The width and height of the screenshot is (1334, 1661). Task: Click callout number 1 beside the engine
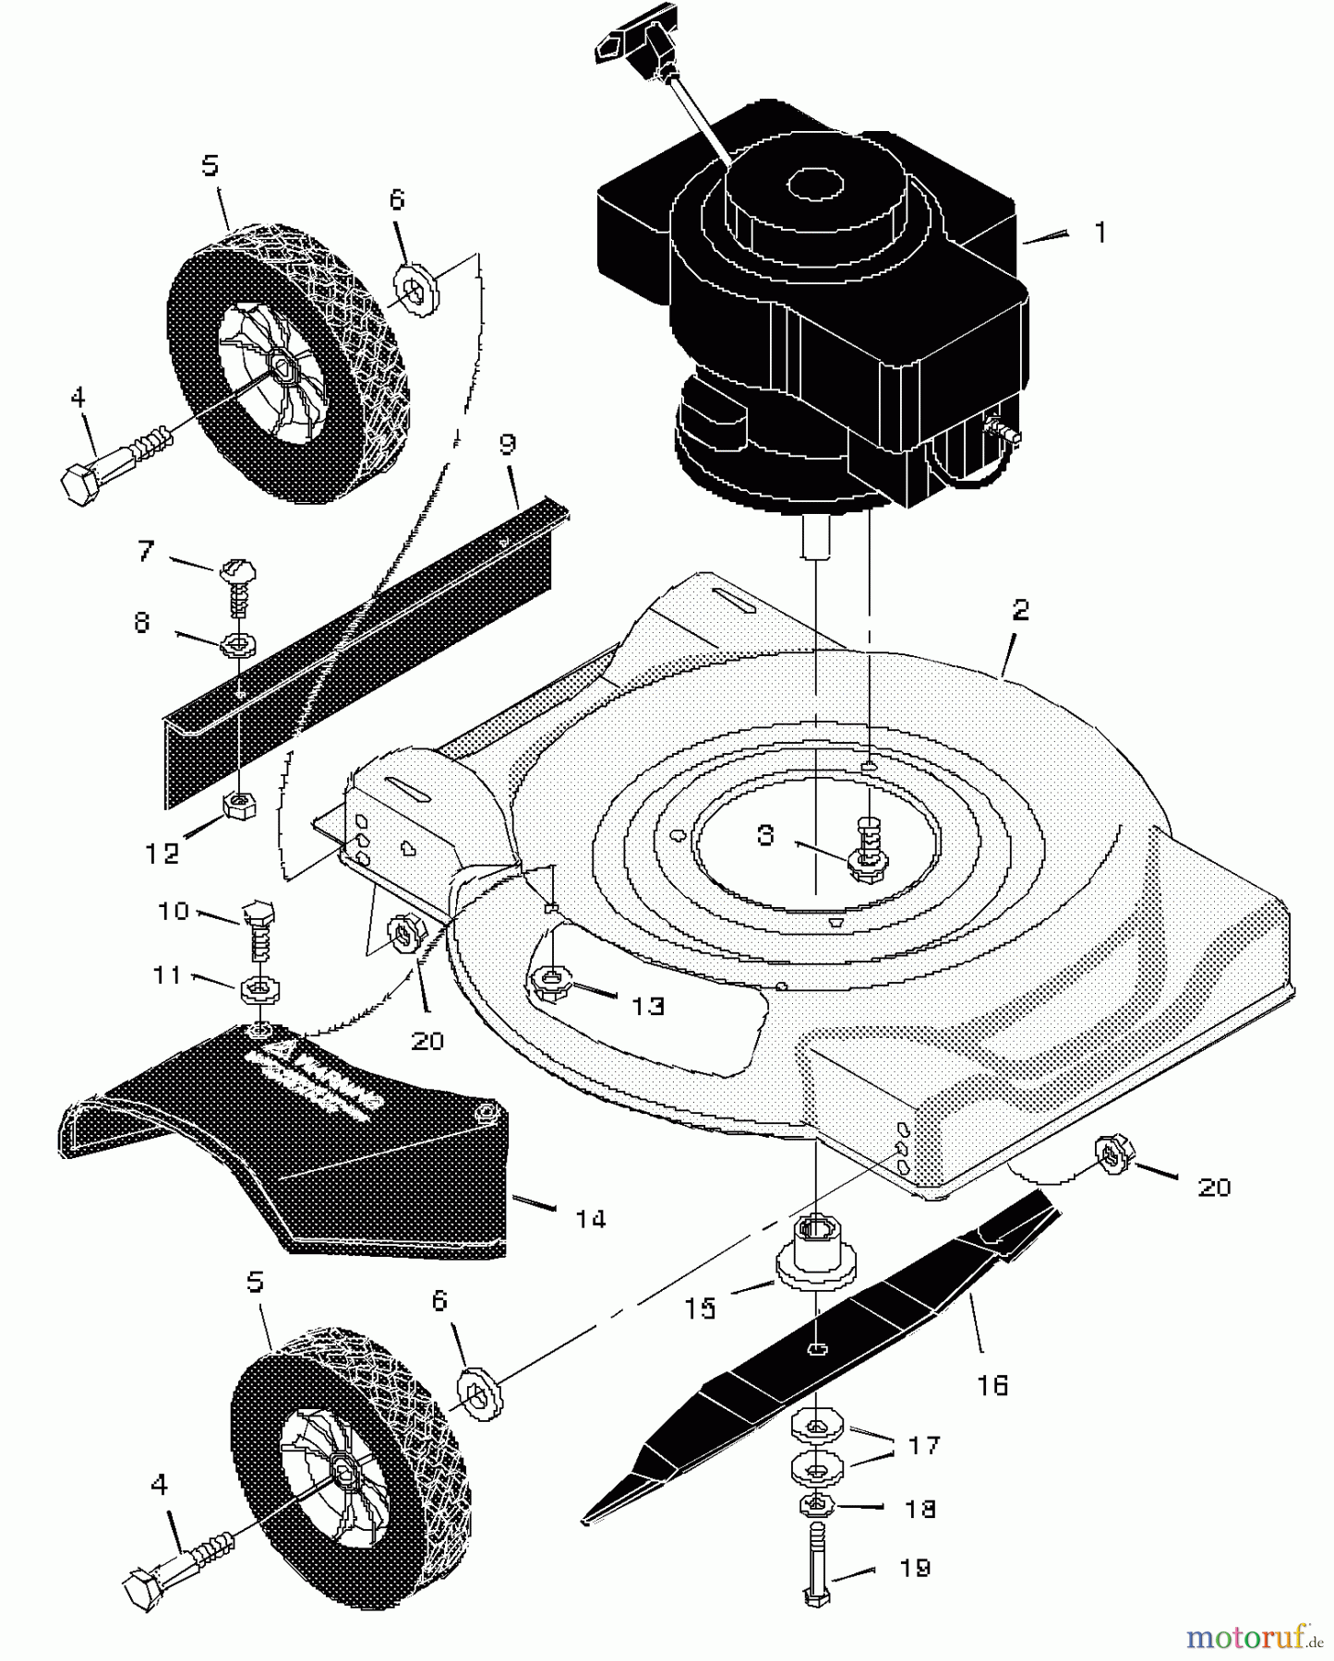[x=1099, y=233]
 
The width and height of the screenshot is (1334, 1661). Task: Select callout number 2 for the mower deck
[x=1019, y=610]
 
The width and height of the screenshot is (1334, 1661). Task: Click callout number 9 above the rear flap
[x=507, y=444]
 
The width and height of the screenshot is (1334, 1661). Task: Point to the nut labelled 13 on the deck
[x=551, y=983]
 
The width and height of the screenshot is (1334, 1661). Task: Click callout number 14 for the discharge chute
[x=590, y=1219]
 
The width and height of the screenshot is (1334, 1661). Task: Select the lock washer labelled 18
[x=816, y=1506]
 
